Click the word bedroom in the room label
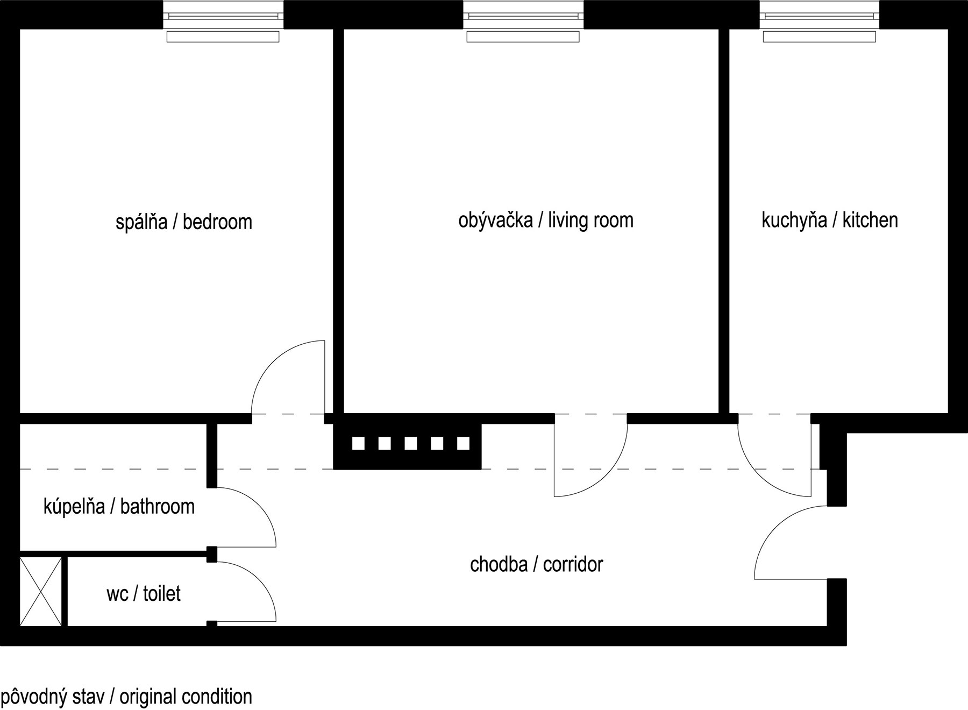[x=217, y=222]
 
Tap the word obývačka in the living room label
[x=495, y=221]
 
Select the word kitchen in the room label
[x=870, y=220]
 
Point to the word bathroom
[x=157, y=507]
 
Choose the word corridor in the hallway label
[x=573, y=564]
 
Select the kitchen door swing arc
[x=758, y=473]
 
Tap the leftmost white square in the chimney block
[x=358, y=443]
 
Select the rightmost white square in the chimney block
[x=463, y=443]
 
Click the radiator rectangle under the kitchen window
[x=819, y=37]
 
